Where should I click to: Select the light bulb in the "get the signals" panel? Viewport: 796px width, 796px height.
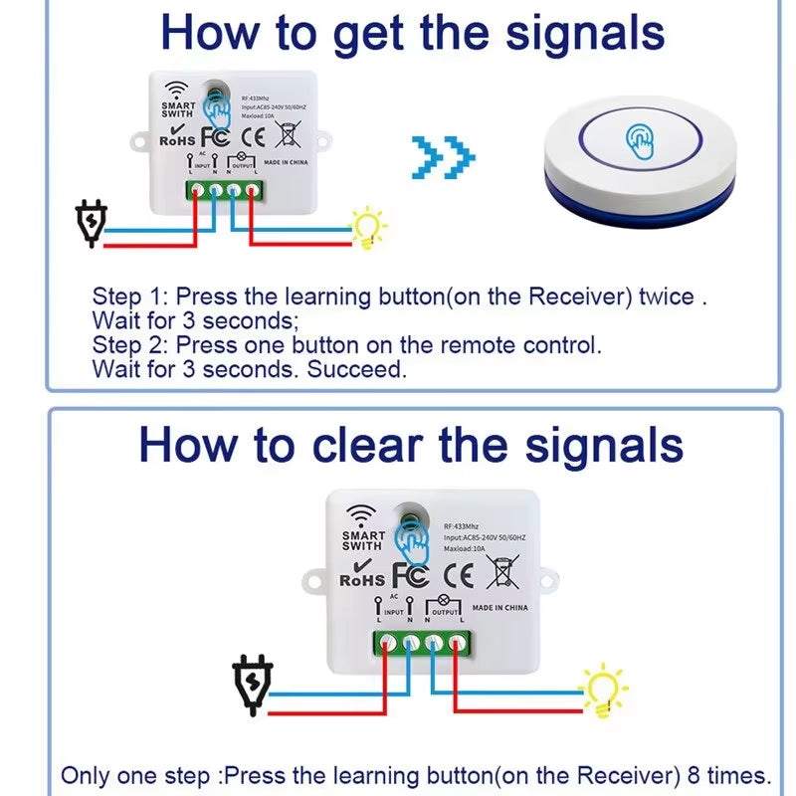370,228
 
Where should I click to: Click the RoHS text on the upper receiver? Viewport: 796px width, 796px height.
179,140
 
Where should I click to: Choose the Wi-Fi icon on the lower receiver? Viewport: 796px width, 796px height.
360,515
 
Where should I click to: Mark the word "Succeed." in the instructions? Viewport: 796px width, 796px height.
357,369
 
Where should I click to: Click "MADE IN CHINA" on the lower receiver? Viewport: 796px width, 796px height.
499,607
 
